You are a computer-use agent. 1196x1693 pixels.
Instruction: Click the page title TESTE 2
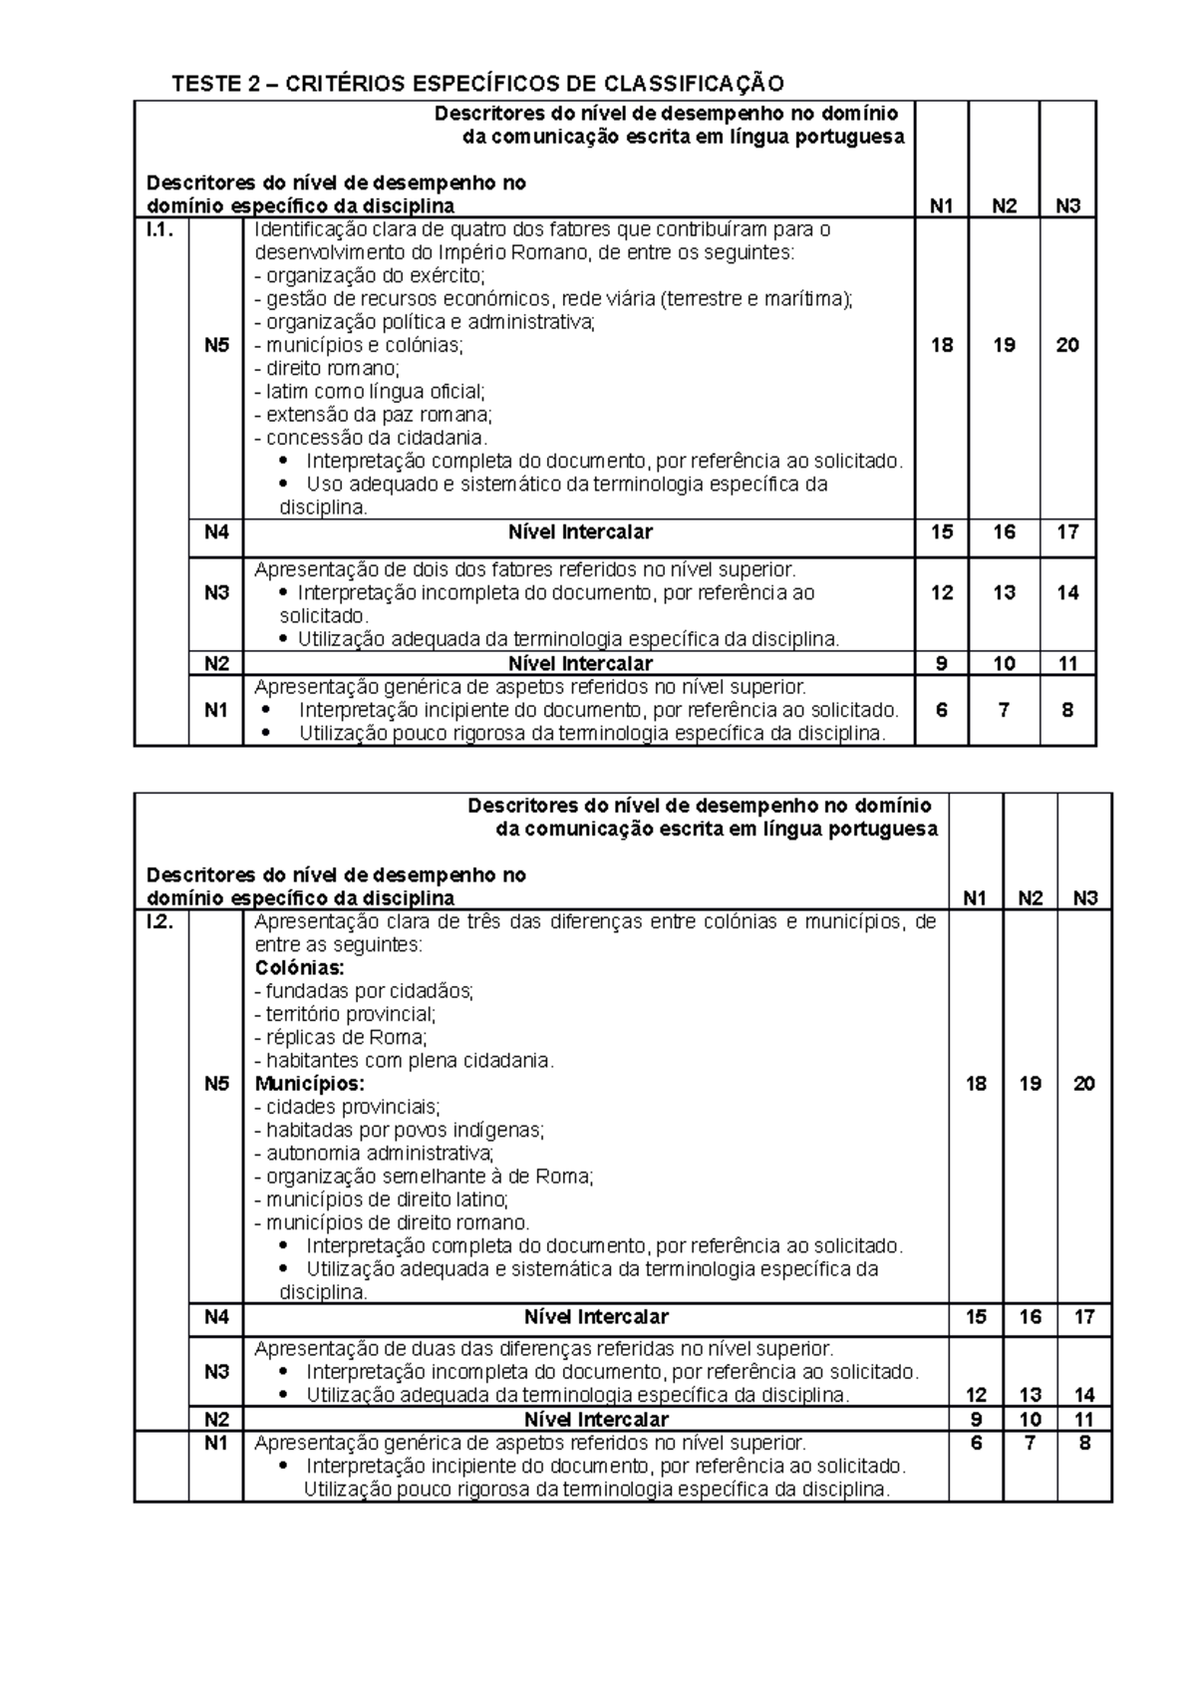tap(477, 83)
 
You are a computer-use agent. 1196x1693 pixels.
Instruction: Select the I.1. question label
tap(159, 230)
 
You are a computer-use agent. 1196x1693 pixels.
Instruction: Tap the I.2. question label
tap(159, 922)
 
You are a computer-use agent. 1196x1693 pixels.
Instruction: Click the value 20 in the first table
tap(1067, 345)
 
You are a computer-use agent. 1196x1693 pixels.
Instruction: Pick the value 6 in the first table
tap(942, 710)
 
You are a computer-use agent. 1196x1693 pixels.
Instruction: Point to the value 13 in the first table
tap(1004, 593)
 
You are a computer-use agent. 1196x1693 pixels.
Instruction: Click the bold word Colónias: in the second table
tap(300, 968)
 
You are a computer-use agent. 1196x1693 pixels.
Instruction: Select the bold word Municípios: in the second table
tap(310, 1084)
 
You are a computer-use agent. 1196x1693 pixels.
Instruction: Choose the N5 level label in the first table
tap(216, 345)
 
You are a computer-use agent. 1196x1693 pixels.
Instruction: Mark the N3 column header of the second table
tap(1084, 898)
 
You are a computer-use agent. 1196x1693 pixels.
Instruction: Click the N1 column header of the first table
tap(942, 206)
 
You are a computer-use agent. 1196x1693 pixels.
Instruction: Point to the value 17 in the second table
tap(1084, 1317)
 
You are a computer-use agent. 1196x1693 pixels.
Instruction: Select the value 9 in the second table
tap(976, 1419)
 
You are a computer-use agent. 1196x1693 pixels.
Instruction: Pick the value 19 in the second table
tap(1031, 1084)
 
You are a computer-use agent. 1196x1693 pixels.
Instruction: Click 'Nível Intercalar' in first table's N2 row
tap(580, 664)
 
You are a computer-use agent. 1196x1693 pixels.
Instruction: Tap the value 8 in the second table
tap(1084, 1443)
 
